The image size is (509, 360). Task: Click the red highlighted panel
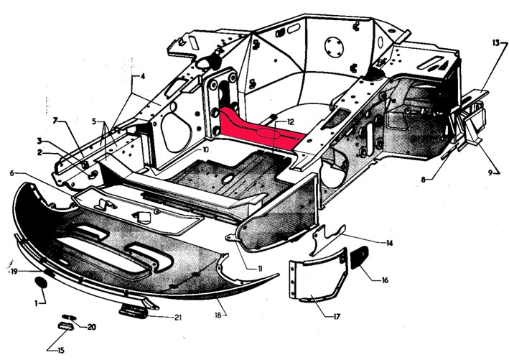pyautogui.click(x=258, y=129)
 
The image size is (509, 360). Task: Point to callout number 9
pyautogui.click(x=492, y=172)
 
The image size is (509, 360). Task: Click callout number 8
pyautogui.click(x=424, y=180)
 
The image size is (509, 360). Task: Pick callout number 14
pyautogui.click(x=389, y=244)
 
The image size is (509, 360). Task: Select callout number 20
pyautogui.click(x=91, y=328)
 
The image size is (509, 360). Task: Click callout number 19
pyautogui.click(x=14, y=272)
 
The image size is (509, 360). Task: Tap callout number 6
pyautogui.click(x=12, y=174)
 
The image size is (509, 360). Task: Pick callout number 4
pyautogui.click(x=143, y=75)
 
